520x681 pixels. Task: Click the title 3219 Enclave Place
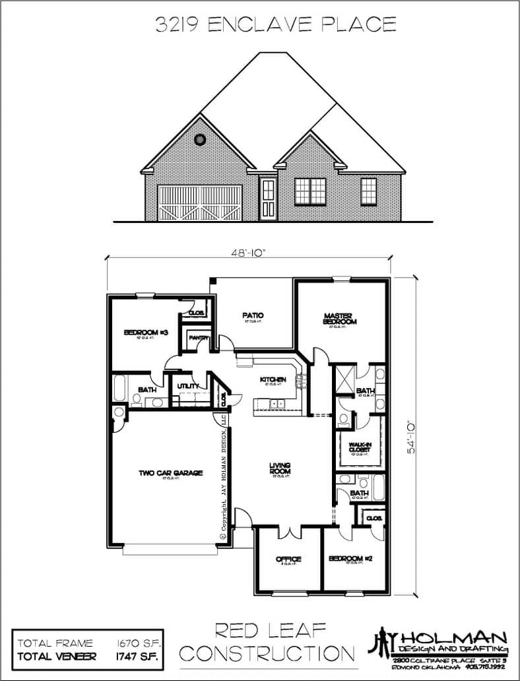pyautogui.click(x=276, y=25)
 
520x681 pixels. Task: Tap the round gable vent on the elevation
pyautogui.click(x=201, y=139)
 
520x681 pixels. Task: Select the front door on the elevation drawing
pyautogui.click(x=268, y=198)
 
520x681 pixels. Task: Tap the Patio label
pyautogui.click(x=253, y=315)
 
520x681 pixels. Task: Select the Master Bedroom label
pyautogui.click(x=340, y=318)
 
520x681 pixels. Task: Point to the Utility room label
pyautogui.click(x=184, y=385)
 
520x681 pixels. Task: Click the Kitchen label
pyautogui.click(x=272, y=379)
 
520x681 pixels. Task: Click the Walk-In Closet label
pyautogui.click(x=360, y=448)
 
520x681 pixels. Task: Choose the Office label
pyautogui.click(x=288, y=559)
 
